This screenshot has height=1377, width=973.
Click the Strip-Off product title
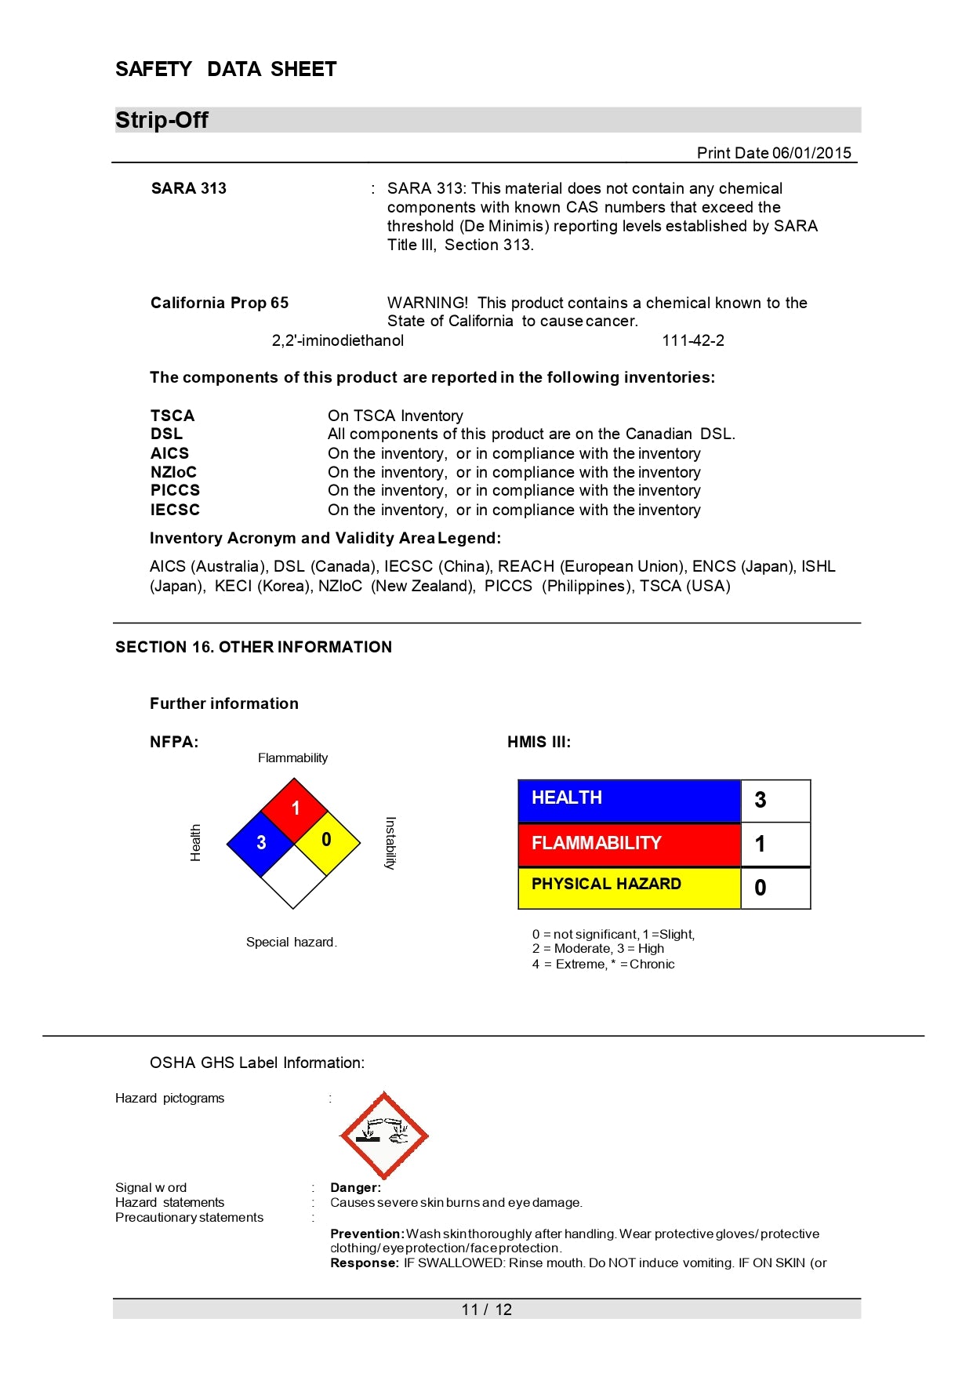[162, 120]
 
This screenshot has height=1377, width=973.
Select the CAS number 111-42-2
[693, 340]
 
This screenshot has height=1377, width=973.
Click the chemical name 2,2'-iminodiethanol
[338, 340]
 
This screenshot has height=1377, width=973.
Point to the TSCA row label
[172, 416]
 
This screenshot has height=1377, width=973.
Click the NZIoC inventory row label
[173, 472]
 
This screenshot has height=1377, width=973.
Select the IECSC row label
[175, 510]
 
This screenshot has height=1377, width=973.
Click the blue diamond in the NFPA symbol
[260, 843]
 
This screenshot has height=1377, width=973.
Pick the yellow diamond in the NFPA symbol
[328, 841]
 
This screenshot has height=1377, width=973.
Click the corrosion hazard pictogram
[384, 1135]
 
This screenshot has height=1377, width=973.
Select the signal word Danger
[356, 1187]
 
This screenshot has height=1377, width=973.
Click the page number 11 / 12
[486, 1309]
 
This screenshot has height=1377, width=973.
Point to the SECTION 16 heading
[253, 647]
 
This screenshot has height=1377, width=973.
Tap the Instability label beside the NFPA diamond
[390, 843]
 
